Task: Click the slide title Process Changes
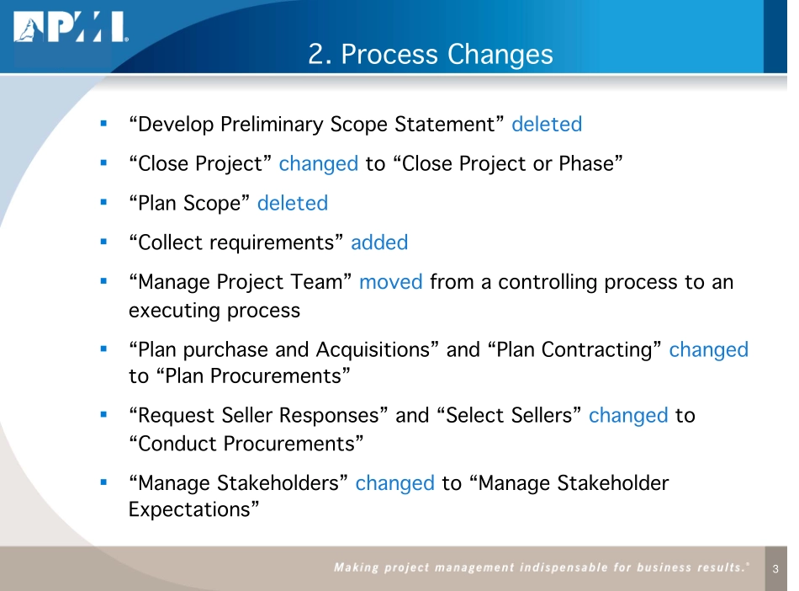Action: [431, 54]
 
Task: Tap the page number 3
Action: [775, 570]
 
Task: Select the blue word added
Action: [379, 242]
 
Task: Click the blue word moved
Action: [390, 282]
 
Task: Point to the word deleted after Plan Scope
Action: [293, 203]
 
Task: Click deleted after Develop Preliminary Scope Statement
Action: [547, 125]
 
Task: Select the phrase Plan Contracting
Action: [575, 349]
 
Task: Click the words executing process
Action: [214, 310]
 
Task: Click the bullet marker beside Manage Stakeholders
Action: [103, 482]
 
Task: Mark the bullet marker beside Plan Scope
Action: [103, 202]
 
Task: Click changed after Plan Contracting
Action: [708, 349]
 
